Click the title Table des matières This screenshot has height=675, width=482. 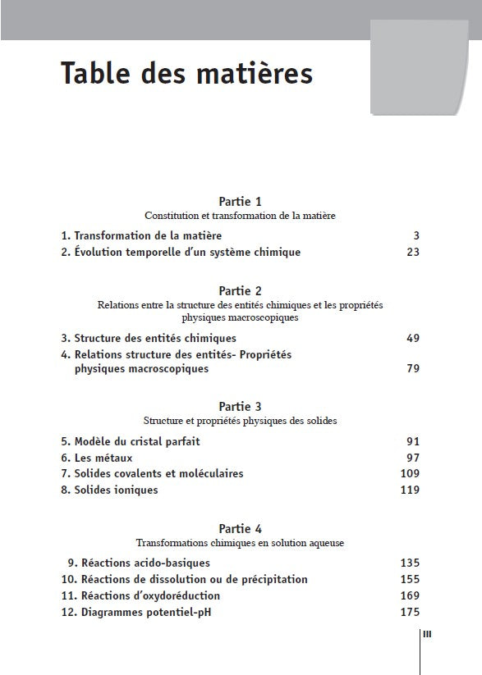[x=186, y=74]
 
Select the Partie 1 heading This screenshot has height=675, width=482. [x=240, y=201]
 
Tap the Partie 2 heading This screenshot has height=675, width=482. [x=240, y=290]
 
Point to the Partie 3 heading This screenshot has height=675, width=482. [x=240, y=406]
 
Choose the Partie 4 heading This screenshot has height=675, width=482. [x=240, y=529]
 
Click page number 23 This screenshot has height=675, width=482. [x=412, y=252]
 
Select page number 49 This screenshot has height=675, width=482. [x=412, y=338]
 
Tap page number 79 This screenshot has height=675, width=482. [x=412, y=369]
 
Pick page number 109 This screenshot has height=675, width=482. [x=409, y=473]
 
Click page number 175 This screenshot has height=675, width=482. [x=409, y=612]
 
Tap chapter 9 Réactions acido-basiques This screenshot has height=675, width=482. [x=139, y=563]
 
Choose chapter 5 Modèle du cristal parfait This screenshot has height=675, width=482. [x=131, y=440]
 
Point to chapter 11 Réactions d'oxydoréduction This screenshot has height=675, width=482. [x=140, y=595]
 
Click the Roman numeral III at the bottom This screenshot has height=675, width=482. [x=427, y=633]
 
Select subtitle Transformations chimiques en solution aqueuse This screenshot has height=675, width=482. [x=240, y=543]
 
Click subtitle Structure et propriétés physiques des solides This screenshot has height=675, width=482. [x=240, y=420]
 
